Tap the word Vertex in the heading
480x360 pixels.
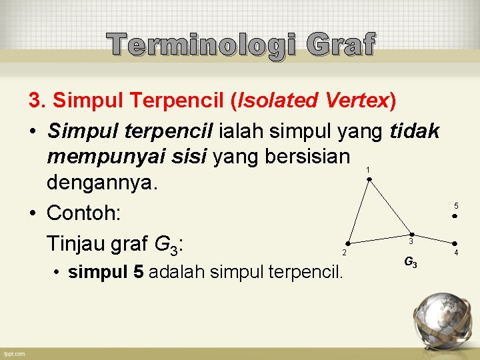coord(357,101)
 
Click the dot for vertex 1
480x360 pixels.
coord(369,179)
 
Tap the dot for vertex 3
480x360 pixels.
coord(411,234)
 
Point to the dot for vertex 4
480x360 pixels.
coord(455,244)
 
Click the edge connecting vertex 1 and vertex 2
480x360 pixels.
coord(358,211)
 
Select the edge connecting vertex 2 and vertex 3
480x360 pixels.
coord(379,239)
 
